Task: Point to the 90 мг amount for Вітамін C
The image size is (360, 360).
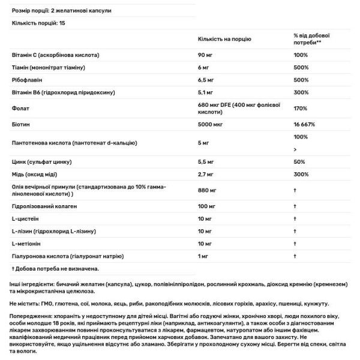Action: click(x=206, y=55)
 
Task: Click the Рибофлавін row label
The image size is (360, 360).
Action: click(x=28, y=80)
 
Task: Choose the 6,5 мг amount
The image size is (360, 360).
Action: click(x=206, y=80)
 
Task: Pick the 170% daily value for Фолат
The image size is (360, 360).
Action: click(x=300, y=108)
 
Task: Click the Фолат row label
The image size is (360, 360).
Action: click(x=20, y=108)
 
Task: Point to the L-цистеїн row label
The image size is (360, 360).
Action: click(x=25, y=218)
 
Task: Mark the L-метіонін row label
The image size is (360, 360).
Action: click(x=27, y=244)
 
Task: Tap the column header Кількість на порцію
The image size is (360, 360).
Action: click(x=224, y=39)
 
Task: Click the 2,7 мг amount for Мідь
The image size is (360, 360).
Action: click(x=206, y=175)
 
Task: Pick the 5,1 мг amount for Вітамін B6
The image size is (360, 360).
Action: click(x=206, y=92)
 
